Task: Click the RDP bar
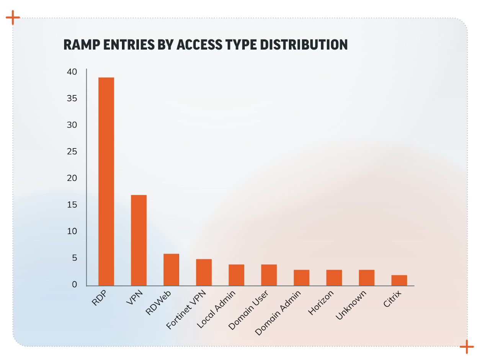(106, 182)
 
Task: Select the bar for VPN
(139, 240)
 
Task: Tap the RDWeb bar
(171, 270)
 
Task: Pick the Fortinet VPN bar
(204, 272)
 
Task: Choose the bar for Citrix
(399, 280)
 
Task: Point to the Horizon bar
(334, 278)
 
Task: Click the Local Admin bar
(236, 275)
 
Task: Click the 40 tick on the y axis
(72, 72)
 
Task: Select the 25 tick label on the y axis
(72, 152)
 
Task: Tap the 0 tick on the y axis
(74, 285)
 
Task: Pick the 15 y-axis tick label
(72, 205)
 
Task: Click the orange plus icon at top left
(13, 17)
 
